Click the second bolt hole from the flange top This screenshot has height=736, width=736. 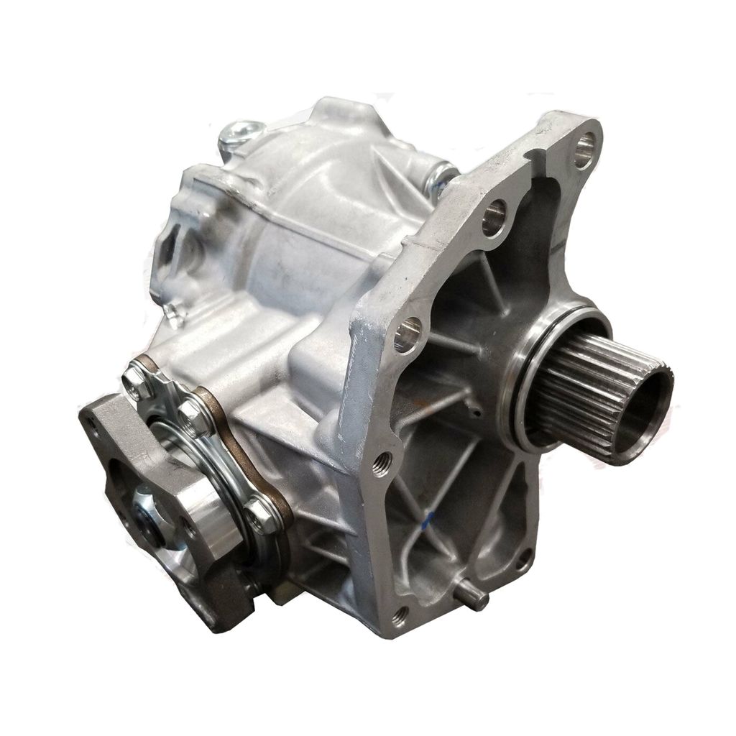pos(494,216)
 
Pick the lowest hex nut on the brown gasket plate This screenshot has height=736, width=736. pos(259,514)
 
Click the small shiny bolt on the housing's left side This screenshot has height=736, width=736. pos(171,311)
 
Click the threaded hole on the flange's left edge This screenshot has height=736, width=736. pos(379,461)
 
